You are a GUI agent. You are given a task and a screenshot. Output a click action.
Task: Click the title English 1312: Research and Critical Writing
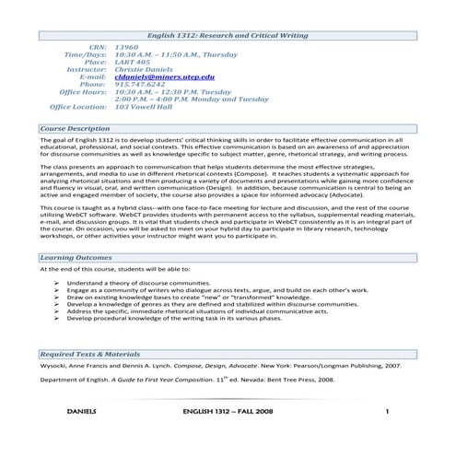pos(227,33)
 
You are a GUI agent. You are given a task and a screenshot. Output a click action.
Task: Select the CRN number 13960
pos(127,46)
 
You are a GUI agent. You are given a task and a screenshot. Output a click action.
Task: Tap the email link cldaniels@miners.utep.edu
pos(166,76)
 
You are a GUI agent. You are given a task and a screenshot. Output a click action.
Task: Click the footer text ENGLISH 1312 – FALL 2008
pos(228,437)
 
